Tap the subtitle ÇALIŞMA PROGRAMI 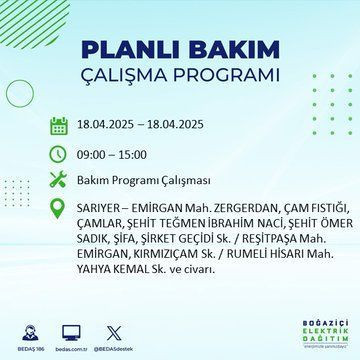180,78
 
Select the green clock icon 59,154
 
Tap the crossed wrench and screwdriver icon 59,181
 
